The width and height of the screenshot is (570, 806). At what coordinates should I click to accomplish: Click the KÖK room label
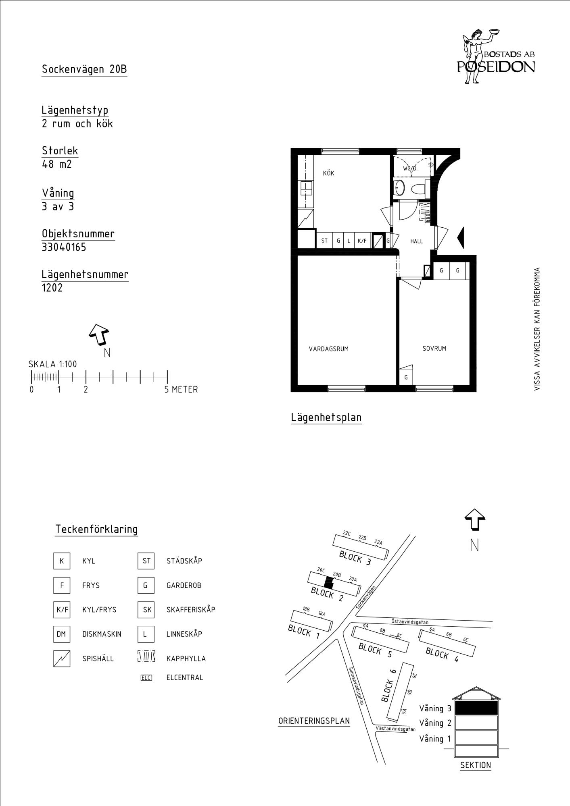[328, 173]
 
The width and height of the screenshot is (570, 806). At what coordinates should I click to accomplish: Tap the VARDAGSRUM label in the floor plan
[328, 349]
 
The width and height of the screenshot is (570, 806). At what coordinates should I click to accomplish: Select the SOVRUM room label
[434, 349]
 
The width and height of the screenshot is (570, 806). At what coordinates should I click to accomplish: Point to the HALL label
[416, 241]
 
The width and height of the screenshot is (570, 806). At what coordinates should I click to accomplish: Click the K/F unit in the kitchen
[362, 241]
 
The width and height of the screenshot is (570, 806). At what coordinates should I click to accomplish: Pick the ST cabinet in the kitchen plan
[324, 241]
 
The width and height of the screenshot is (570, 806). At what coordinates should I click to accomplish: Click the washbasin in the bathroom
[399, 187]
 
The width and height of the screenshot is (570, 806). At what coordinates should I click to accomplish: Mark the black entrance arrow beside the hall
[461, 238]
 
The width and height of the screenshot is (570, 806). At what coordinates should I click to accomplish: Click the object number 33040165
[64, 247]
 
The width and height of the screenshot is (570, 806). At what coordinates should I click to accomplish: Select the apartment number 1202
[52, 288]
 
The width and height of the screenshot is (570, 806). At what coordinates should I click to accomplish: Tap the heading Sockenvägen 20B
[84, 69]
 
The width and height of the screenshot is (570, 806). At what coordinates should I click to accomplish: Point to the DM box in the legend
[61, 634]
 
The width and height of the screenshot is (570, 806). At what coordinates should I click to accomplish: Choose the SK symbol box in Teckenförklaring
[146, 610]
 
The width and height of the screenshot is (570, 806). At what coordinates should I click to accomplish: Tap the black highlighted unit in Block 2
[329, 583]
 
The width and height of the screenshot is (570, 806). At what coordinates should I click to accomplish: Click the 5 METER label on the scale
[181, 390]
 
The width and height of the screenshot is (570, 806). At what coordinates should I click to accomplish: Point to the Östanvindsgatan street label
[410, 622]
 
